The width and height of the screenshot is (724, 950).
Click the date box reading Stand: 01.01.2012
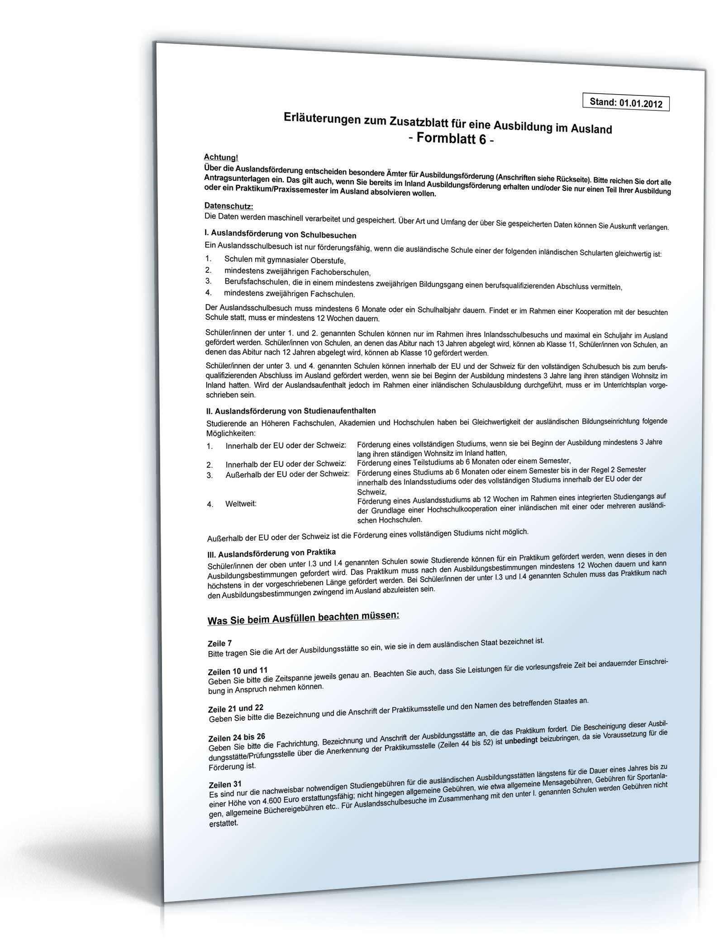[x=625, y=103]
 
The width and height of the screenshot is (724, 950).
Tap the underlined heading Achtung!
[x=221, y=157]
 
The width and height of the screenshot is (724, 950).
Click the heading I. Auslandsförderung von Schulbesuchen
[x=281, y=235]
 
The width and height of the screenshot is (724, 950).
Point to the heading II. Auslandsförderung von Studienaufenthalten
[x=291, y=411]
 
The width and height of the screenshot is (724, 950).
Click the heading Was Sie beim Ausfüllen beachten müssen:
[x=303, y=618]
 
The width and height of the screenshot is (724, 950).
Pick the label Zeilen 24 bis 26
[x=237, y=737]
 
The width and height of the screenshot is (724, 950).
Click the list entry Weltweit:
[x=241, y=503]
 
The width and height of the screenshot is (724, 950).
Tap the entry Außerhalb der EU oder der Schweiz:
[x=287, y=474]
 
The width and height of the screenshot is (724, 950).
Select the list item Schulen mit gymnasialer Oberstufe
[x=285, y=261]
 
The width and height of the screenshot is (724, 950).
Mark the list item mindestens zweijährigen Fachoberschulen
[x=297, y=272]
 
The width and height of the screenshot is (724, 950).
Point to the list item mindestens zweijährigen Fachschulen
[x=289, y=294]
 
